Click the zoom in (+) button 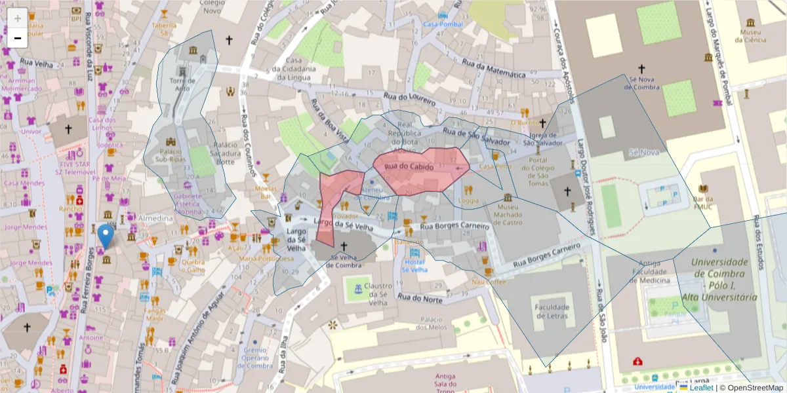(18, 18)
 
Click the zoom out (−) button (18, 38)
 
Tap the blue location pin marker (104, 236)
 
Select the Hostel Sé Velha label (414, 265)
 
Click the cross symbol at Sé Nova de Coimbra (641, 68)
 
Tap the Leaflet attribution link (701, 388)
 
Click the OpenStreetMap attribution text (751, 388)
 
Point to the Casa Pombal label (444, 24)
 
